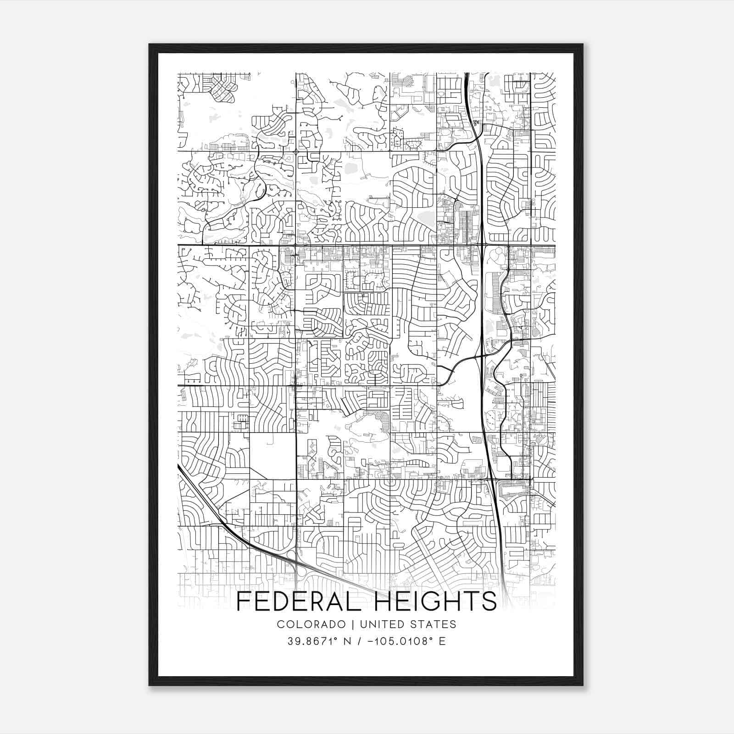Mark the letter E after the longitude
pyautogui.click(x=442, y=641)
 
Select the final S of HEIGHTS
pyautogui.click(x=489, y=601)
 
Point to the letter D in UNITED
pyautogui.click(x=400, y=624)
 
